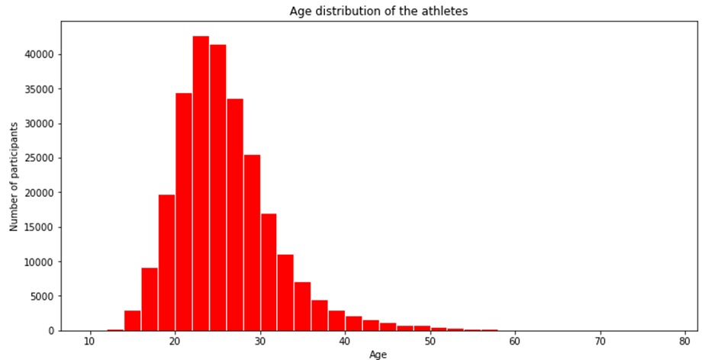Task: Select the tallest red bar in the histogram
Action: point(201,183)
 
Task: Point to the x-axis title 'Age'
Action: point(378,355)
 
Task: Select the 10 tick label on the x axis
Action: point(90,341)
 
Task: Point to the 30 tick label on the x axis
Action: point(260,341)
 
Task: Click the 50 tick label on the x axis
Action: point(430,341)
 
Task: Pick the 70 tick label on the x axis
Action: point(600,341)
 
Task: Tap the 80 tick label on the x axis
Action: point(685,341)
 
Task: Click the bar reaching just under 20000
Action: point(166,262)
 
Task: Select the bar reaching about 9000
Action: point(150,299)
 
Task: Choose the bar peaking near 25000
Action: point(252,243)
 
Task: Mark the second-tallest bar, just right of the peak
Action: point(217,188)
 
